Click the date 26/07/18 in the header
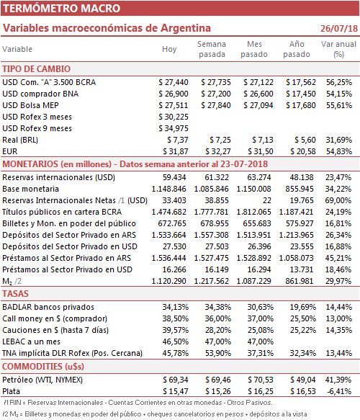[x=339, y=28]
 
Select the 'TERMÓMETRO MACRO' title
[x=62, y=9]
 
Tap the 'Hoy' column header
[x=169, y=49]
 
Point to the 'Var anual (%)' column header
[x=338, y=49]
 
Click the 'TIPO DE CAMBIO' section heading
[x=37, y=69]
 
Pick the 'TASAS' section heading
[x=15, y=294]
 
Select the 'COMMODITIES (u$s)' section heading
[x=43, y=367]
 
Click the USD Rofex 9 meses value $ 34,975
[x=174, y=128]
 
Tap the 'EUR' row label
[x=10, y=151]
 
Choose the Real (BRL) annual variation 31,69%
[x=338, y=140]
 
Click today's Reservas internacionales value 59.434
[x=174, y=178]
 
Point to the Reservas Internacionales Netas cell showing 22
[x=266, y=200]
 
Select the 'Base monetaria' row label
[x=30, y=189]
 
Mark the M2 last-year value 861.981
[x=300, y=281]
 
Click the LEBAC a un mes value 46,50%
[x=175, y=341]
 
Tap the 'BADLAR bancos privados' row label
[x=48, y=307]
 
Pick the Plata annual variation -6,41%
[x=339, y=392]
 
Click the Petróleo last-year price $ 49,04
[x=303, y=380]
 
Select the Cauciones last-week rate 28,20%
[x=218, y=330]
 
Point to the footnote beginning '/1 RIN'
[x=138, y=403]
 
